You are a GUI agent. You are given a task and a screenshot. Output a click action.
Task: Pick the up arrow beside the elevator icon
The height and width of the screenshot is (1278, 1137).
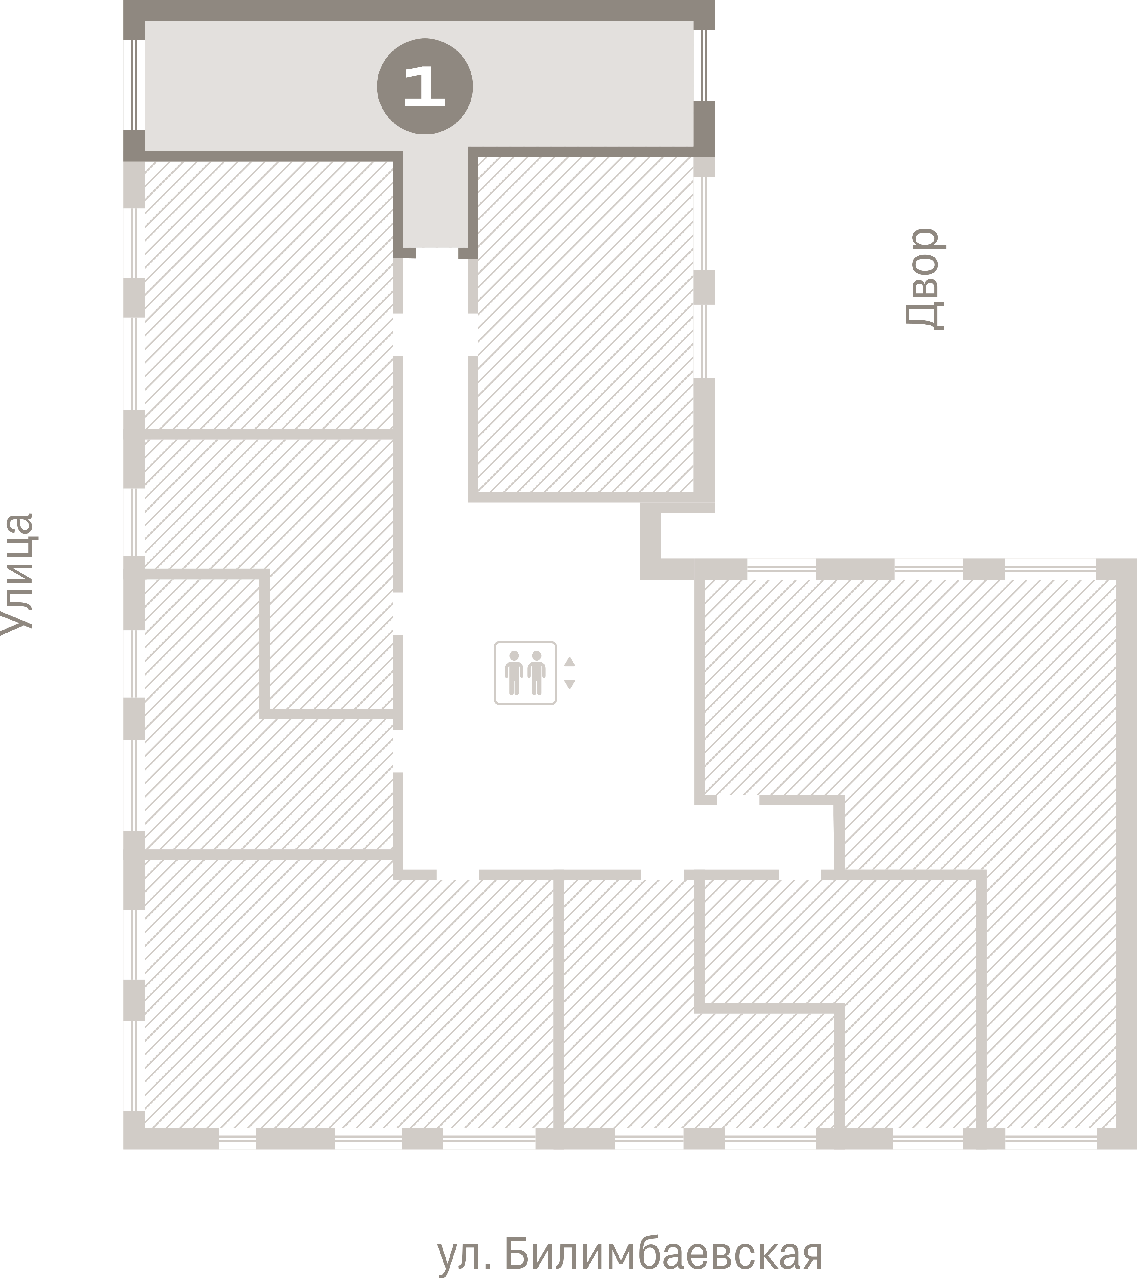tap(569, 661)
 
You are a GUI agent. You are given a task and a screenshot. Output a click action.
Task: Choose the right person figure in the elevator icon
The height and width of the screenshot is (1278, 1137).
tap(536, 673)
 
